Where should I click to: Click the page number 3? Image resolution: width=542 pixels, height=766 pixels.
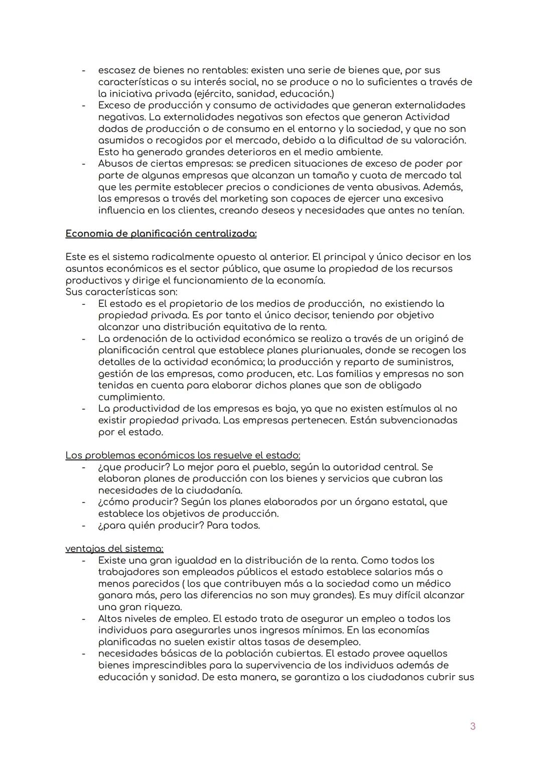[472, 726]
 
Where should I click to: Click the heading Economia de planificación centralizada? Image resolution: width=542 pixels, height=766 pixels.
[161, 234]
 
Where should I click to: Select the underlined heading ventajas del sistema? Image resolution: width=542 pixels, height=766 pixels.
[114, 549]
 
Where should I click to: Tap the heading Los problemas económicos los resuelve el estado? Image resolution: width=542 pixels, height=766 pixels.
[183, 455]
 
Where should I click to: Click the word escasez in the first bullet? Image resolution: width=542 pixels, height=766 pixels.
[117, 70]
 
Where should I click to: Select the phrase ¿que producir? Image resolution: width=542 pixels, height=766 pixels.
[134, 467]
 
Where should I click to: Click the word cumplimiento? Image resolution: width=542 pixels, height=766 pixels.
[131, 397]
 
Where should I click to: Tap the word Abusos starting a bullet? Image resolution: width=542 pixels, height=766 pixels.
[116, 164]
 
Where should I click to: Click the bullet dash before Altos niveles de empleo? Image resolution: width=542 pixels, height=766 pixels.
[84, 619]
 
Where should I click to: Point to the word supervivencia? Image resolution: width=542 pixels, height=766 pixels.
[287, 665]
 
